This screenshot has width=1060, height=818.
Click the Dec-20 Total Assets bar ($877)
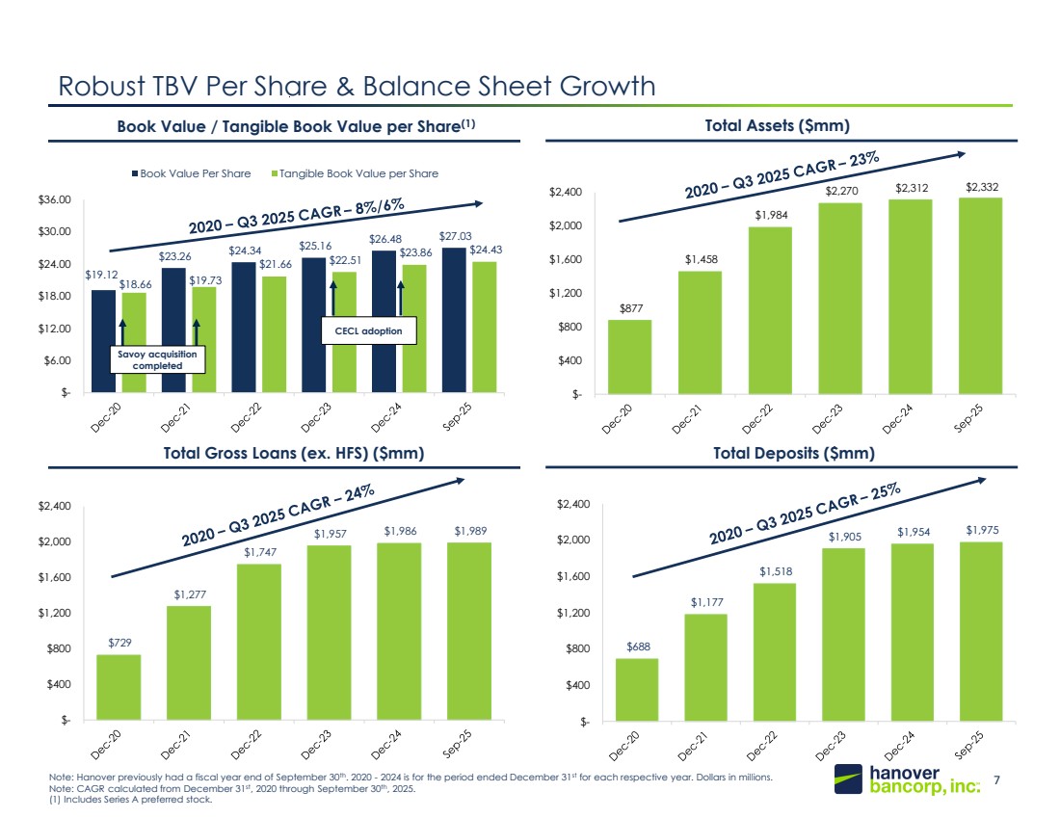pos(629,356)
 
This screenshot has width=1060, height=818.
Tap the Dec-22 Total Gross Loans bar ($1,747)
pos(260,642)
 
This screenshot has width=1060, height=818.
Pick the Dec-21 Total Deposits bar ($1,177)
pos(705,667)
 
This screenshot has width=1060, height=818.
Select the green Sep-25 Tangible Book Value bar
pos(484,328)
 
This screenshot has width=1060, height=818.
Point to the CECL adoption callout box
pos(369,330)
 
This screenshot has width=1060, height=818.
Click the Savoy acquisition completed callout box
pos(157,359)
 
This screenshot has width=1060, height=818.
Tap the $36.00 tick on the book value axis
pos(59,199)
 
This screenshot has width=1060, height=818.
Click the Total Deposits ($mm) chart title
pos(793,452)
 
